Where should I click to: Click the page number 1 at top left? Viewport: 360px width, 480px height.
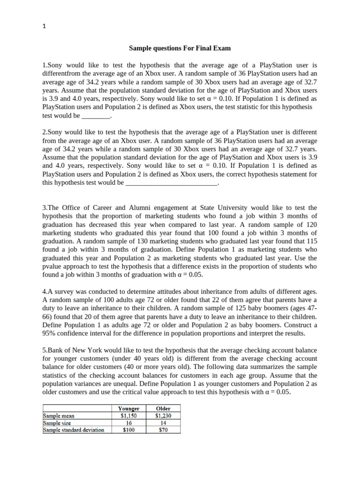click(x=44, y=26)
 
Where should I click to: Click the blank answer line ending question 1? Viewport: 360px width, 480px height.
click(x=96, y=115)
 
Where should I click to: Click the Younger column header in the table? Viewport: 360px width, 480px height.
click(x=129, y=409)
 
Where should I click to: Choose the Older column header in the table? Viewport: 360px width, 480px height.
click(x=163, y=409)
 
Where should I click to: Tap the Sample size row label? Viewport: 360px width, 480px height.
click(x=57, y=422)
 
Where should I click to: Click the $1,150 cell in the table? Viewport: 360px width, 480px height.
click(x=129, y=416)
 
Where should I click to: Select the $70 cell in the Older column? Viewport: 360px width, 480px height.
click(x=163, y=429)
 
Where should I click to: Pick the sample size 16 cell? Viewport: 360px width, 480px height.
click(x=129, y=422)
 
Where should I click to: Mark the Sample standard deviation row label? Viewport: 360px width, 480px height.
click(x=74, y=429)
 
